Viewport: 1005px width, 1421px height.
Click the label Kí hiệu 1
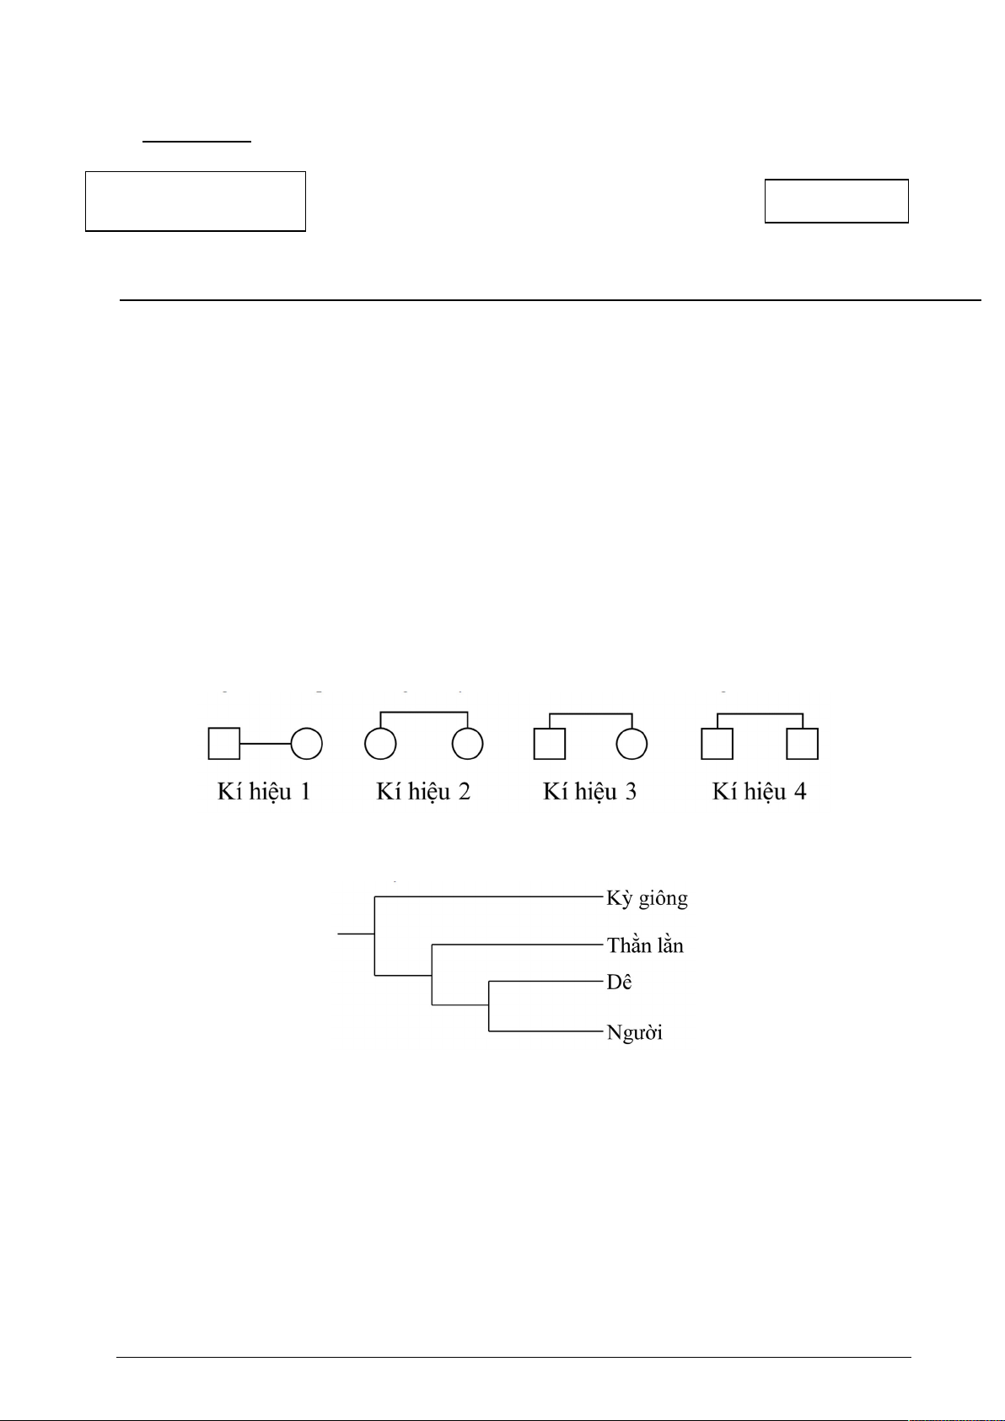tap(264, 793)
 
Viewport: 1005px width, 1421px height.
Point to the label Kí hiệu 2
tap(423, 793)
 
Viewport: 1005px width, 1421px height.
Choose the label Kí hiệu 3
tap(589, 793)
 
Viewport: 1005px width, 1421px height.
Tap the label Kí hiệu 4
tap(759, 793)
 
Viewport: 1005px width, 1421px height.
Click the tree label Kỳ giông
tap(647, 898)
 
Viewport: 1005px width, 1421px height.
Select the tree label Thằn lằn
tap(645, 945)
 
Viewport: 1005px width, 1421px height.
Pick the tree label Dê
tap(619, 982)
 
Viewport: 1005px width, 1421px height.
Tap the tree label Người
tap(634, 1033)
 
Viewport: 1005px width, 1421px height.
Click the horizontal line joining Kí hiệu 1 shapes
tap(265, 744)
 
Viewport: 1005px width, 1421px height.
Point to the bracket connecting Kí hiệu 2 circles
tap(423, 713)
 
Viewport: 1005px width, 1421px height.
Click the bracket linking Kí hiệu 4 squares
tap(760, 714)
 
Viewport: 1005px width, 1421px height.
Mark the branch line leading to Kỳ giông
tap(487, 896)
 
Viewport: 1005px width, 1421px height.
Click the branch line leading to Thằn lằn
tap(517, 945)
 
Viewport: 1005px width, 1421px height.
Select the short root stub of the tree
tap(356, 934)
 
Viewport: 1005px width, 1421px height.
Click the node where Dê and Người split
tap(489, 1005)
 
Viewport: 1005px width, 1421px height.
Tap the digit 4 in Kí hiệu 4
tap(800, 791)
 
